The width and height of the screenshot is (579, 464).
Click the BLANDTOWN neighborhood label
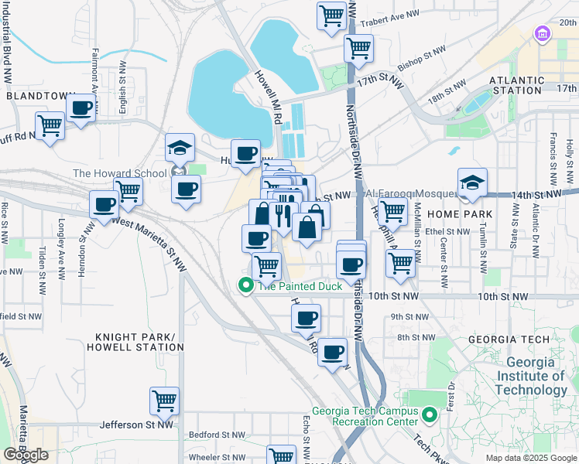[x=40, y=96]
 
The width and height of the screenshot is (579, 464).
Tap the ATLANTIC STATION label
[x=515, y=85]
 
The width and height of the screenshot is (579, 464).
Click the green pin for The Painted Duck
[x=247, y=285]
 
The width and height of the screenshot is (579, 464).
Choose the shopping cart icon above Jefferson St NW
[x=165, y=401]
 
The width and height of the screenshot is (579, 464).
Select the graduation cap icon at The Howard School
[x=180, y=146]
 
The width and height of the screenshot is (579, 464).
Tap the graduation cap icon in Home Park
[x=472, y=183]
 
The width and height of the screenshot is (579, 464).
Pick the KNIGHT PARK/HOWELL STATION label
[x=139, y=342]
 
